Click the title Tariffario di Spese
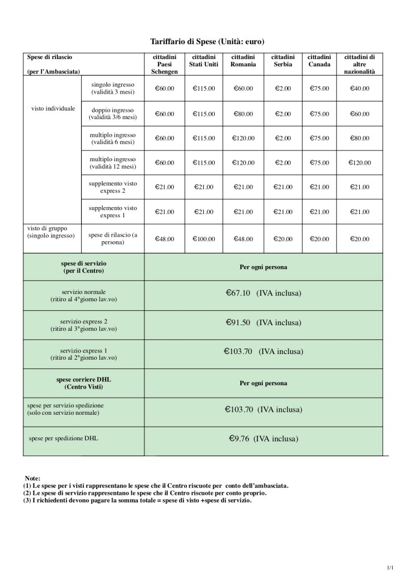pyautogui.click(x=207, y=41)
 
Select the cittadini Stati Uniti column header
pyautogui.click(x=203, y=61)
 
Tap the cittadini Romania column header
pyautogui.click(x=243, y=61)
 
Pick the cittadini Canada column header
pyautogui.click(x=319, y=61)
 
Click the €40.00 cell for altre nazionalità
pyautogui.click(x=360, y=89)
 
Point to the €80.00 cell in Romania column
pyautogui.click(x=243, y=114)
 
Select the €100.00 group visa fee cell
pyautogui.click(x=203, y=239)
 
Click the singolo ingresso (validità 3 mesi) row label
pyautogui.click(x=113, y=89)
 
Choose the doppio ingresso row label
pyautogui.click(x=113, y=113)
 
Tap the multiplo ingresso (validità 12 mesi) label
pyautogui.click(x=113, y=163)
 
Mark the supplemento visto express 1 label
pyautogui.click(x=113, y=212)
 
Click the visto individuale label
pyautogui.click(x=53, y=108)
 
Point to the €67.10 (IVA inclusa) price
pyautogui.click(x=263, y=293)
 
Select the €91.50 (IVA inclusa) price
pyautogui.click(x=263, y=322)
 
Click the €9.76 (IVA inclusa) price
pyautogui.click(x=263, y=438)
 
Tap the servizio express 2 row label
pyautogui.click(x=84, y=325)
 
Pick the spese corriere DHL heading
pyautogui.click(x=84, y=383)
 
